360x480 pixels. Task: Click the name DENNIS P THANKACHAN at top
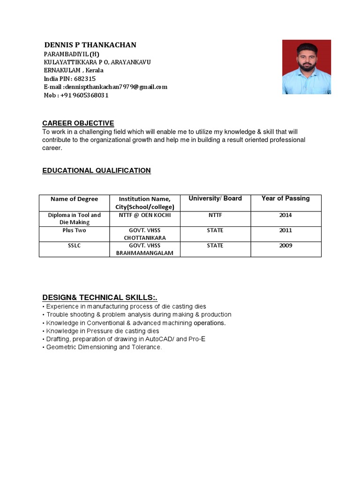pos(90,45)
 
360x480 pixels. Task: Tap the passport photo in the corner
pos(307,67)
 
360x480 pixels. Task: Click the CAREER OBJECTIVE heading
pos(78,123)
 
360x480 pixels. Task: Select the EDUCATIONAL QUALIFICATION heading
pos(97,171)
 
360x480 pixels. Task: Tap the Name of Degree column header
pos(74,199)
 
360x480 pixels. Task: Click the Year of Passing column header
pos(285,198)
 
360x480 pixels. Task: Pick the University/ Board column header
pos(215,198)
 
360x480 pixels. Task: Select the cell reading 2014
pos(285,215)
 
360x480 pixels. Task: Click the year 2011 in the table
pos(285,230)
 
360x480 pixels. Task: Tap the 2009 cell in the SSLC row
pos(285,245)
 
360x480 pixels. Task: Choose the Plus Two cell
pos(74,230)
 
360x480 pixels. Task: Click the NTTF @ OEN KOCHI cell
pos(145,215)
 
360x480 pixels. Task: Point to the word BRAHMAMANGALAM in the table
pos(145,253)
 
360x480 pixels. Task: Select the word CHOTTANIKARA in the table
pos(145,238)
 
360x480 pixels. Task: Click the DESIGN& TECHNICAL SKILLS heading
pos(100,298)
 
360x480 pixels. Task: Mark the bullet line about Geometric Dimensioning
pos(103,347)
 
